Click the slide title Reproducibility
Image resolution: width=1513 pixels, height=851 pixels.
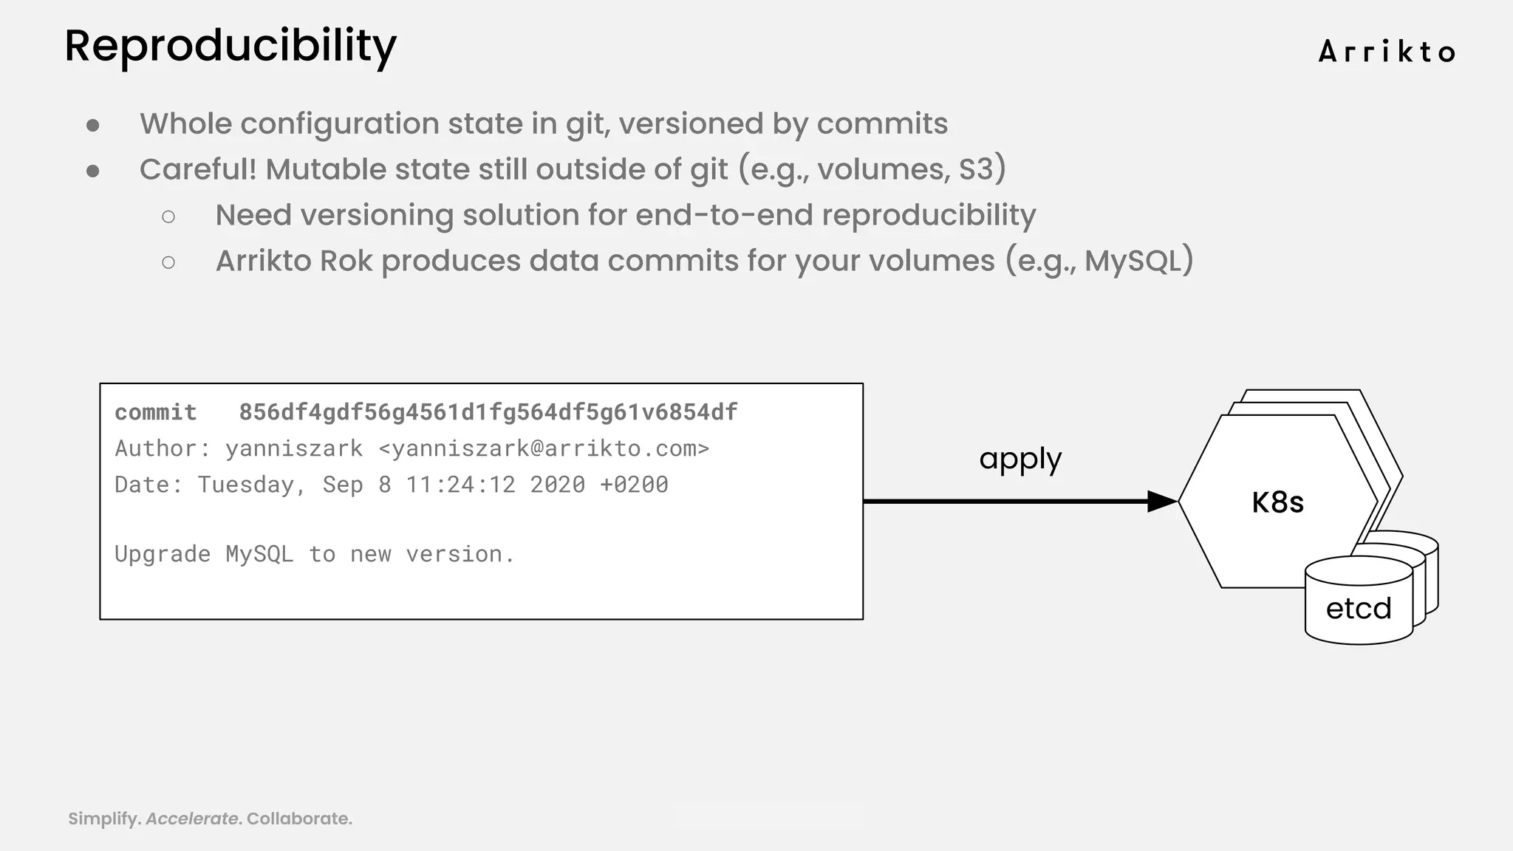pos(230,47)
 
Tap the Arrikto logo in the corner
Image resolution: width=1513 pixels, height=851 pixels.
pos(1387,52)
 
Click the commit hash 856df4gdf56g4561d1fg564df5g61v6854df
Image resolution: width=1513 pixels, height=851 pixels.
pos(488,412)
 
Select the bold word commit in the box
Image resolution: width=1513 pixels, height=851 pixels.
pos(156,412)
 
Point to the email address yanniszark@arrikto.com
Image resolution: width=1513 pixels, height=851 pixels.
pos(544,448)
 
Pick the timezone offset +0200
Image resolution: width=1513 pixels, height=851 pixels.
pos(634,485)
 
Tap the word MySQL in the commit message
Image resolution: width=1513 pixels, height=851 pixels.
pos(259,554)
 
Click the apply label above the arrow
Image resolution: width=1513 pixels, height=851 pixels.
pos(1020,459)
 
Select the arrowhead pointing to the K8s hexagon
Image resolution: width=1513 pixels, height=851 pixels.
pos(1161,502)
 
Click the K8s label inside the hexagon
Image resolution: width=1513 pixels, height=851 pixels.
pos(1277,502)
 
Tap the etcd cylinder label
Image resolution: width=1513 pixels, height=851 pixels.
pos(1359,609)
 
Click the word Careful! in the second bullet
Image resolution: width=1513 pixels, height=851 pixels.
pos(198,169)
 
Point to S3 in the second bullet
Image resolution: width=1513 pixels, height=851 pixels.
pos(977,169)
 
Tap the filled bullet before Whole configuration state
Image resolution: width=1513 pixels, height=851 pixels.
pos(93,126)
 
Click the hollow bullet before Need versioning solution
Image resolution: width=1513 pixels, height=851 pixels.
pos(168,216)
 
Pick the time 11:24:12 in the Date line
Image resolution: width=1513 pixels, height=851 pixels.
pos(460,485)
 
